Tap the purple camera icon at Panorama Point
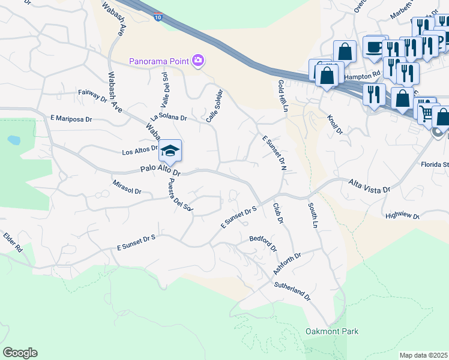point(197,60)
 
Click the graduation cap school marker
point(170,152)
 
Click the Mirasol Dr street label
point(126,187)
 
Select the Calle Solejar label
point(214,106)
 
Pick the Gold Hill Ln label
point(282,95)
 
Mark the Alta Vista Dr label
point(369,185)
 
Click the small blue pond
point(13,140)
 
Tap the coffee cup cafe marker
point(375,48)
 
